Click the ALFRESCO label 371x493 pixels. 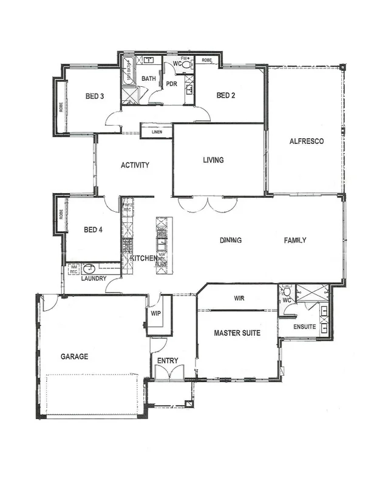[306, 141]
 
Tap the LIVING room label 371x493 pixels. [213, 160]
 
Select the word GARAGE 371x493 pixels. [74, 357]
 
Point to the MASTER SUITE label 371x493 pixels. [237, 333]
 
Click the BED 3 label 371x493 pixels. [94, 96]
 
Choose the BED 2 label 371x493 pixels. [225, 95]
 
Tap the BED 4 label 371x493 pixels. [93, 229]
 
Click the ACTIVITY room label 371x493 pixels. [135, 165]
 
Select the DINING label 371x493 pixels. [231, 240]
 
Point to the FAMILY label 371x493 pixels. [295, 240]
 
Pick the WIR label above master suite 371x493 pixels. [238, 298]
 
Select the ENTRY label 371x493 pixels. [168, 361]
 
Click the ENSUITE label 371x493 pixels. [304, 327]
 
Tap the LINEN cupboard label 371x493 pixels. [157, 132]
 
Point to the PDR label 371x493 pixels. [171, 84]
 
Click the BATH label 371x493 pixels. [149, 79]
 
